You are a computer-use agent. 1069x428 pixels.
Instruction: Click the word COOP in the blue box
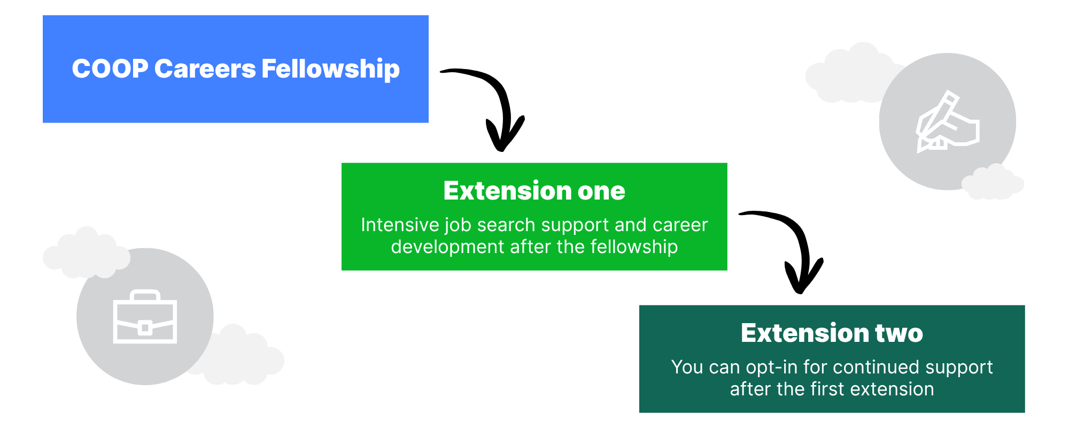pyautogui.click(x=110, y=69)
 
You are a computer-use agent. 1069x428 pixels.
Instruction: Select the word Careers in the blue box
pyautogui.click(x=205, y=69)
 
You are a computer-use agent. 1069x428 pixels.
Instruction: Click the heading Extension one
pyautogui.click(x=534, y=191)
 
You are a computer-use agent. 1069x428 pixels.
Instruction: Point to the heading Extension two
pyautogui.click(x=832, y=333)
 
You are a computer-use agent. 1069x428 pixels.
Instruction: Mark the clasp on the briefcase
pyautogui.click(x=144, y=327)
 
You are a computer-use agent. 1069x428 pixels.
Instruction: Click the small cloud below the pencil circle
pyautogui.click(x=992, y=182)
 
